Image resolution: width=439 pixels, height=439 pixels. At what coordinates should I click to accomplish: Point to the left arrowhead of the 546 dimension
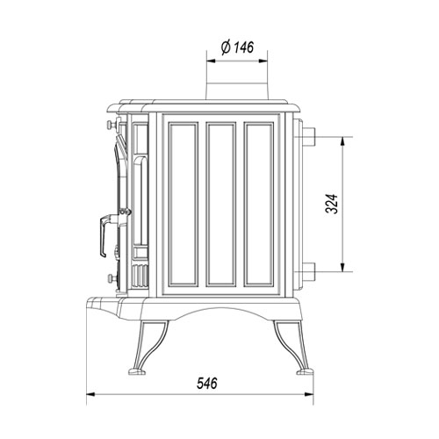click(90, 398)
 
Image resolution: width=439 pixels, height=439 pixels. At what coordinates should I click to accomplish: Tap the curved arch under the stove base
click(222, 311)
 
